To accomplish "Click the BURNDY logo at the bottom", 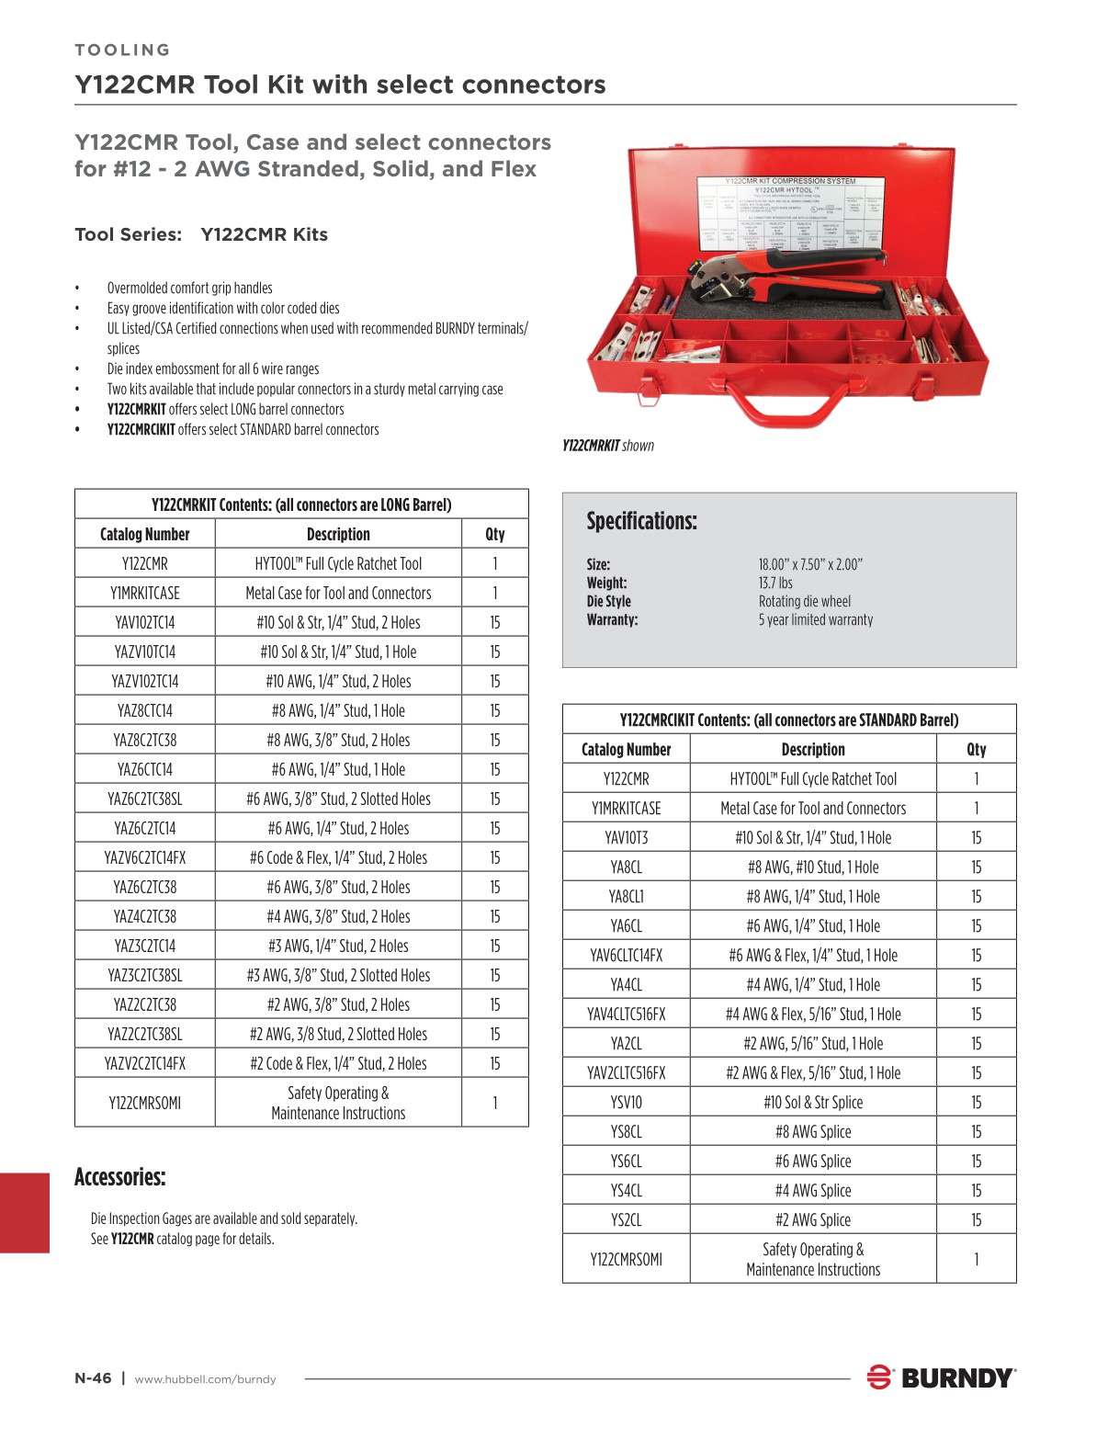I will (942, 1377).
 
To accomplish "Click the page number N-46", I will (93, 1378).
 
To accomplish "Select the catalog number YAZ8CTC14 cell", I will (145, 710).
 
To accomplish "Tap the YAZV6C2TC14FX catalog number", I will (145, 857).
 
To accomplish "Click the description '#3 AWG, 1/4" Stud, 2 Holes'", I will (338, 946).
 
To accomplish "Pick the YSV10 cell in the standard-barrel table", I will (626, 1102).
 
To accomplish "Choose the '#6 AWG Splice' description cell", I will (813, 1161).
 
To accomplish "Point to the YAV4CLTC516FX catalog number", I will (626, 1014).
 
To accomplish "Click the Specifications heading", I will (641, 521).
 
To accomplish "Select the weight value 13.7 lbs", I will (775, 583).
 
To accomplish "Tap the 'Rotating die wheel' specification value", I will (805, 601).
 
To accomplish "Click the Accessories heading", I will (119, 1177).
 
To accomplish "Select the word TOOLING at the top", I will (122, 50).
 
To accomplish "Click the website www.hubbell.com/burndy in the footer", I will (205, 1379).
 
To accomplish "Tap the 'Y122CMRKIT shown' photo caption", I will (608, 446).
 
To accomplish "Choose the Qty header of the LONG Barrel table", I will (494, 534).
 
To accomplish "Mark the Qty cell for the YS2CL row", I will (976, 1219).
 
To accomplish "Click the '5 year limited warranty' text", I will (816, 619).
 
